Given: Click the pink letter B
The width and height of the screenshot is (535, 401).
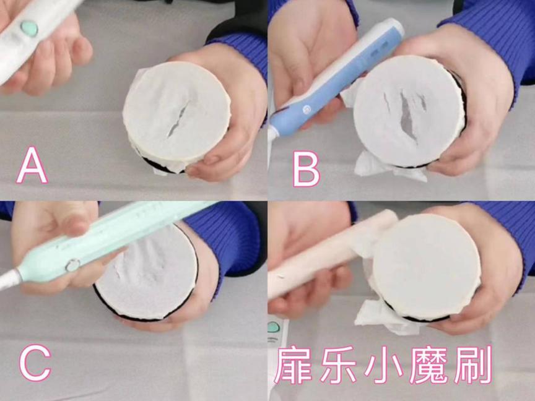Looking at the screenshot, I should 306,167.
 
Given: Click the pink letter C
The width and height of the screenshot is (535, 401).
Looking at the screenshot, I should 35,363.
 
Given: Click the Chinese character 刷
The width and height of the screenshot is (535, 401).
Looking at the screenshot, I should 471,366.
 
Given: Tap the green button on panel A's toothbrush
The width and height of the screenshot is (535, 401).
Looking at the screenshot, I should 29,28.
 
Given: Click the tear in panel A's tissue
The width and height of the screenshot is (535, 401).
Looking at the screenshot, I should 177,118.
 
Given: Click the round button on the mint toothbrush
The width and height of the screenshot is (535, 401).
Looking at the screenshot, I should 73,265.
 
